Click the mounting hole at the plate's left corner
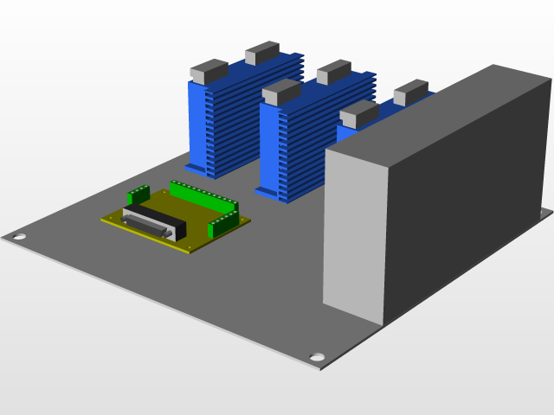(x=18, y=235)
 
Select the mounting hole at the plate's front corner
(x=318, y=357)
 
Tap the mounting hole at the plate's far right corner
(x=545, y=210)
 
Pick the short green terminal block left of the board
(x=139, y=195)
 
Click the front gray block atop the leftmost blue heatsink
(x=209, y=71)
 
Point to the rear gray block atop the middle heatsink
(x=333, y=72)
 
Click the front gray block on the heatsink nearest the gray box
(x=358, y=113)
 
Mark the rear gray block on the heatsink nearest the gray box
(x=410, y=91)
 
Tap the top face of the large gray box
(x=441, y=112)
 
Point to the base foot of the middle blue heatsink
(x=270, y=192)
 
